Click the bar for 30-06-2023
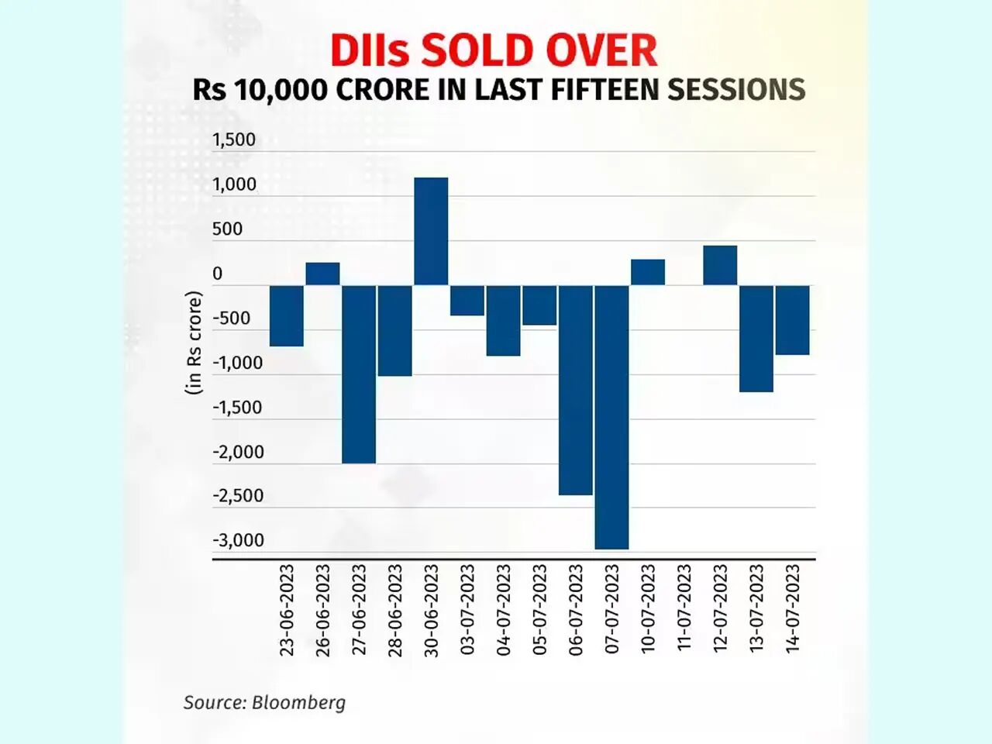[x=431, y=231]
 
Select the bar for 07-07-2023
[x=611, y=417]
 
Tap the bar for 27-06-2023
[x=359, y=374]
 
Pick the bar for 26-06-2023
[x=322, y=274]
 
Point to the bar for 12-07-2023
[x=720, y=265]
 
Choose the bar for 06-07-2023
[x=576, y=390]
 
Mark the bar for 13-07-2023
[x=756, y=338]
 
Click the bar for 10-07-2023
[x=648, y=272]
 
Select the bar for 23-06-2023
[x=287, y=315]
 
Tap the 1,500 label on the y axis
[x=234, y=139]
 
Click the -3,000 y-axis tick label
[x=238, y=540]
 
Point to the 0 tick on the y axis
[x=217, y=274]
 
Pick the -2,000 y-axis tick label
[x=238, y=452]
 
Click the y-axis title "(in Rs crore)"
[x=194, y=343]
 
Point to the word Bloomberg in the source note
[x=298, y=702]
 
